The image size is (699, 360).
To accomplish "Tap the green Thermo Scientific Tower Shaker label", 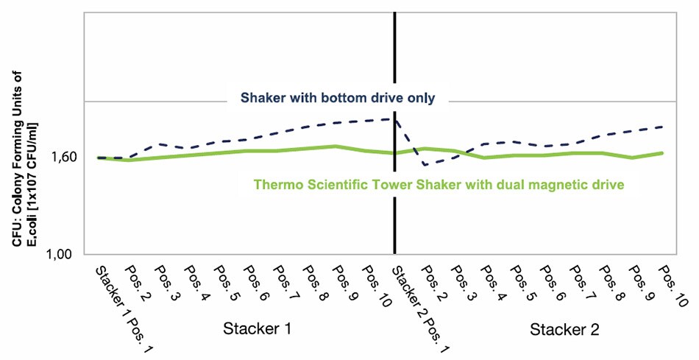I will [439, 184].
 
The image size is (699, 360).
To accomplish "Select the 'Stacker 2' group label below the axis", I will [564, 329].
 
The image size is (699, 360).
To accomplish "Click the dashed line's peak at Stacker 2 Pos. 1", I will [396, 119].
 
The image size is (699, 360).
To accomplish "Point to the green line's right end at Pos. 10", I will [663, 153].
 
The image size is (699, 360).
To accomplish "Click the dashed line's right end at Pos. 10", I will [663, 127].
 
